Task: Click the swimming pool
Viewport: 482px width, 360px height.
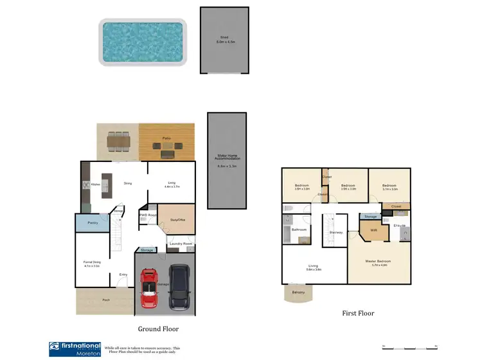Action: coord(142,41)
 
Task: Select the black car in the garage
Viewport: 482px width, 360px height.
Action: coord(180,288)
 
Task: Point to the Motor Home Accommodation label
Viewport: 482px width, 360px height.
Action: coord(226,161)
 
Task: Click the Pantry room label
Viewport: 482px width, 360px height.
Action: coord(92,224)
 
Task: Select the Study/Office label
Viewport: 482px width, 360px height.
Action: coord(177,221)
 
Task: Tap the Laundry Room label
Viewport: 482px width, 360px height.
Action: coord(179,244)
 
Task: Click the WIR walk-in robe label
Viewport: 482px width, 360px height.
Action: coord(372,229)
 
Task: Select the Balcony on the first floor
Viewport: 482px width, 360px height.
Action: coord(298,292)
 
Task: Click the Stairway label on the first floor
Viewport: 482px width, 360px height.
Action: coord(335,233)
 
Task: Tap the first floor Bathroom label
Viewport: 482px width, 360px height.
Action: coord(298,229)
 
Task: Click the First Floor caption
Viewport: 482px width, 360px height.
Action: coord(359,313)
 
